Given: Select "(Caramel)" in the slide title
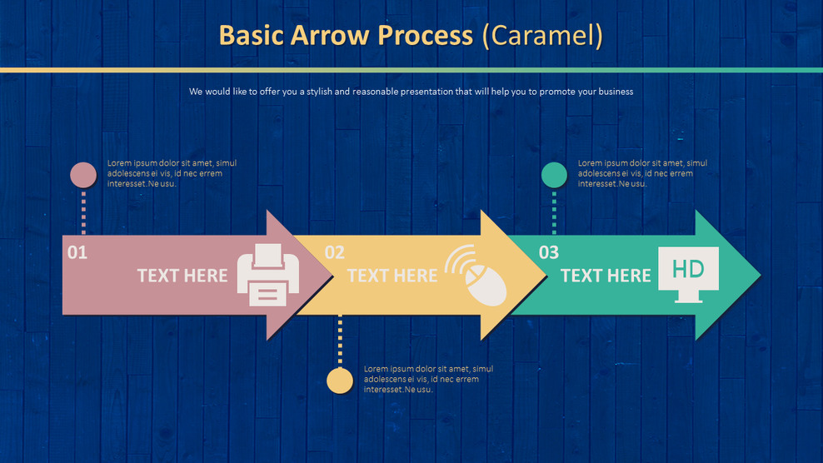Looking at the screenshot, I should [542, 36].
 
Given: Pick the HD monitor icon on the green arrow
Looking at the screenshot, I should [688, 273].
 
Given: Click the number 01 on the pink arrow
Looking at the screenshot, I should [77, 252].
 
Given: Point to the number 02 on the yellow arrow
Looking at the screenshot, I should [334, 252].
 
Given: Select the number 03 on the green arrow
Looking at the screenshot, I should [548, 252].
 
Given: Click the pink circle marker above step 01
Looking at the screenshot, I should [83, 175].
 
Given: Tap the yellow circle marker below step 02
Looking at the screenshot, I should [340, 381].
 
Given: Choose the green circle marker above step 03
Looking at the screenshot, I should [554, 175].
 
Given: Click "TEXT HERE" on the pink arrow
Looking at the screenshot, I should [182, 276].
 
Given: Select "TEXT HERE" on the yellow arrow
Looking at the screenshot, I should [392, 276].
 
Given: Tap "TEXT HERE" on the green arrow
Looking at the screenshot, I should [606, 276].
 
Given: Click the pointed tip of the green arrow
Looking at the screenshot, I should [755, 275].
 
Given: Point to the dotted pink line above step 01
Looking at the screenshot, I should [83, 212].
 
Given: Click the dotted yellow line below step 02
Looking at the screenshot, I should [340, 341].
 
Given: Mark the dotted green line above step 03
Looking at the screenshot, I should [554, 212].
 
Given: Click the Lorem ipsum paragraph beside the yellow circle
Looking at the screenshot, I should [428, 379].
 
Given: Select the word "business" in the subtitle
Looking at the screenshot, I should [613, 92].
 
